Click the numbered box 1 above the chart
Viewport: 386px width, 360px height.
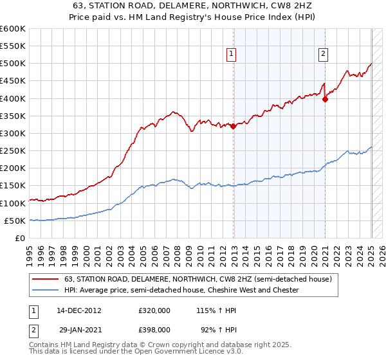point(230,54)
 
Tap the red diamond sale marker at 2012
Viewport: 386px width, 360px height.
point(233,127)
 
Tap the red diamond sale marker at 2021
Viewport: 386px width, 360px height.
point(326,99)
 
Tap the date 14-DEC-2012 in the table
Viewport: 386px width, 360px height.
point(78,310)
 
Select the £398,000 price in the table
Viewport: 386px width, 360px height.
point(154,329)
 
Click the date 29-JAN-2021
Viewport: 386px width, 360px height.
point(78,329)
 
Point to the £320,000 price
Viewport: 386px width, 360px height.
point(154,310)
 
